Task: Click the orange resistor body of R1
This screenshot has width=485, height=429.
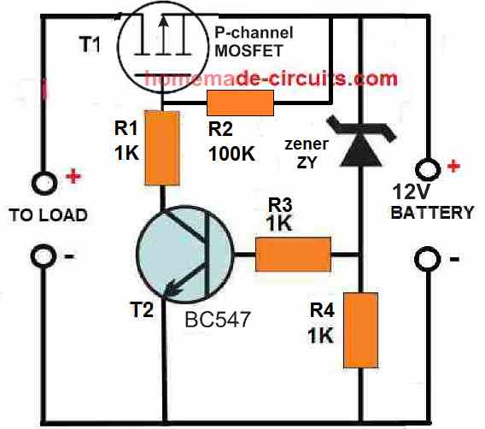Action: tap(162, 148)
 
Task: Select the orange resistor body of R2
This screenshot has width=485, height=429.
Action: tap(240, 103)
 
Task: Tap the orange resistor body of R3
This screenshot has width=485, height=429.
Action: tap(293, 255)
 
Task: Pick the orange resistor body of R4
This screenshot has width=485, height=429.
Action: tap(360, 330)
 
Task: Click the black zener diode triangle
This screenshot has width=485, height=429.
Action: tap(360, 154)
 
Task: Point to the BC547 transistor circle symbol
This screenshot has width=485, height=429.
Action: tap(184, 254)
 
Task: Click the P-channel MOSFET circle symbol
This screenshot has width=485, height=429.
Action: tap(163, 47)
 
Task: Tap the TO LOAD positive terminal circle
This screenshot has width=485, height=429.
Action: tap(44, 183)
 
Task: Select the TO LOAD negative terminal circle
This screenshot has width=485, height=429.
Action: tap(44, 256)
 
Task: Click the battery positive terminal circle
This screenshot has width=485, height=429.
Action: tap(428, 169)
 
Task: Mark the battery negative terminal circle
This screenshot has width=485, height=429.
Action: tap(428, 259)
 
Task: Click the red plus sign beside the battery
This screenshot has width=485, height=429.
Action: tap(453, 166)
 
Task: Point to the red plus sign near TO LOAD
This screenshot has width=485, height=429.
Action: tap(73, 176)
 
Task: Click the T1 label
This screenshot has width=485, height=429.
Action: tap(90, 44)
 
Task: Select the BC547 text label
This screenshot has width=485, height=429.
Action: tap(218, 319)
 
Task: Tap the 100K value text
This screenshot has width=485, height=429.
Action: tap(231, 153)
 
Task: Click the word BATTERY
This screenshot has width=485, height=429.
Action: tap(432, 213)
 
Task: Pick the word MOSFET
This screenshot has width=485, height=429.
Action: tap(249, 50)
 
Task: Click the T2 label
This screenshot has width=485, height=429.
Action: tap(142, 309)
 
